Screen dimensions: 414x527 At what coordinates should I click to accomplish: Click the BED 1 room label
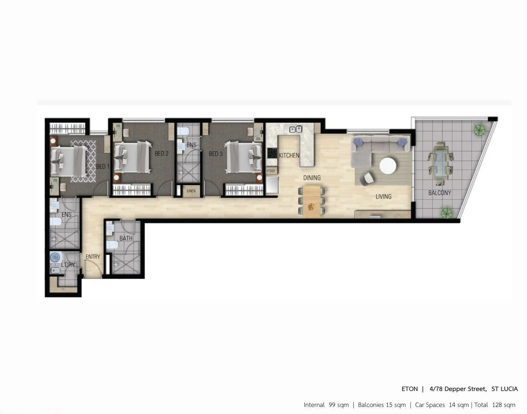[x=103, y=166]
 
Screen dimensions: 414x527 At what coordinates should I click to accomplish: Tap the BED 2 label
[x=161, y=153]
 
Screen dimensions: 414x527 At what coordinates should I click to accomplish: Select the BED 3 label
[x=215, y=154]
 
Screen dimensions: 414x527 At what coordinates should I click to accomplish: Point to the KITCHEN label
[x=289, y=155]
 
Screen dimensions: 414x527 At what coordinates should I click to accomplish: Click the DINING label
[x=312, y=178]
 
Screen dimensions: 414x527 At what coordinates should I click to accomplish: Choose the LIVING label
[x=383, y=197]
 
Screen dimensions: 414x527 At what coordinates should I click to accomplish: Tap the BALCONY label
[x=439, y=193]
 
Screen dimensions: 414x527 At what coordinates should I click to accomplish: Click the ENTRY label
[x=93, y=257]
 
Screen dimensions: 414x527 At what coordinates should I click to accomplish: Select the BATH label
[x=126, y=238]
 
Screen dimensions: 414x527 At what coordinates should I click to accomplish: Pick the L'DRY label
[x=68, y=265]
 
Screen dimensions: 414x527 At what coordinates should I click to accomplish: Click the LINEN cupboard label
[x=191, y=191]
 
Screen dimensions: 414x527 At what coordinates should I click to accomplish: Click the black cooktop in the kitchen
[x=272, y=153]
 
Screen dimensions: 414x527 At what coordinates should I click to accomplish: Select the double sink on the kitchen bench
[x=296, y=129]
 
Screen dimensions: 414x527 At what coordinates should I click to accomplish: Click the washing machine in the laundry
[x=56, y=257]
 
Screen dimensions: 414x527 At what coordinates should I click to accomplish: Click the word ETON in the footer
[x=409, y=389]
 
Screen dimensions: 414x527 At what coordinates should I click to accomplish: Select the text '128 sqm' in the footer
[x=503, y=405]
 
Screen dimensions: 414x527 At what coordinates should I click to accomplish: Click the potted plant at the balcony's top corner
[x=479, y=130]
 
